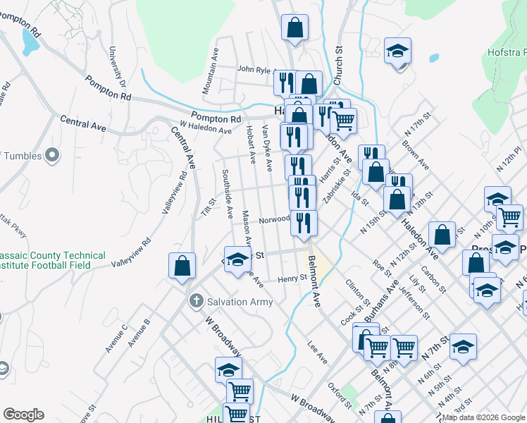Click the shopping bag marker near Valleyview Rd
click(182, 266)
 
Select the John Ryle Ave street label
click(255, 70)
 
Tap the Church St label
click(337, 70)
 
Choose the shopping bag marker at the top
click(295, 28)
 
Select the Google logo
click(23, 415)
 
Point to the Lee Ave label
click(318, 352)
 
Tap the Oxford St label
click(340, 396)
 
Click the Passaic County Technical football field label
click(53, 260)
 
